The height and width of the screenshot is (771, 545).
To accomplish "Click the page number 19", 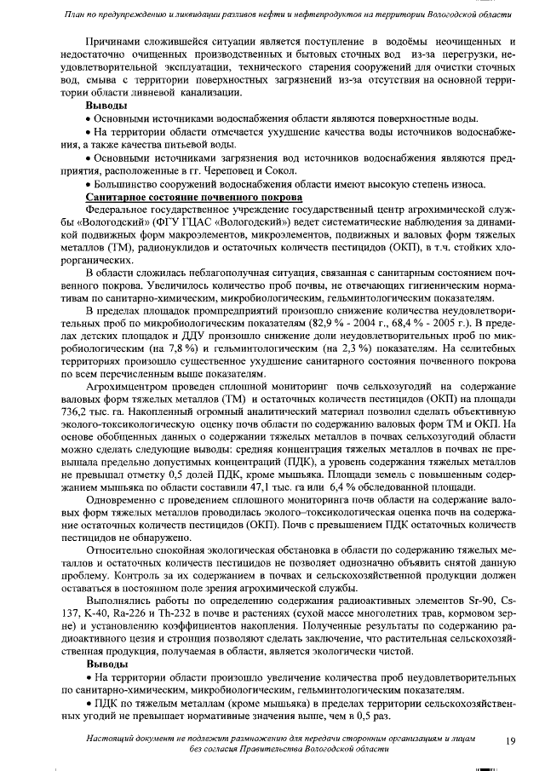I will (x=511, y=741).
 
